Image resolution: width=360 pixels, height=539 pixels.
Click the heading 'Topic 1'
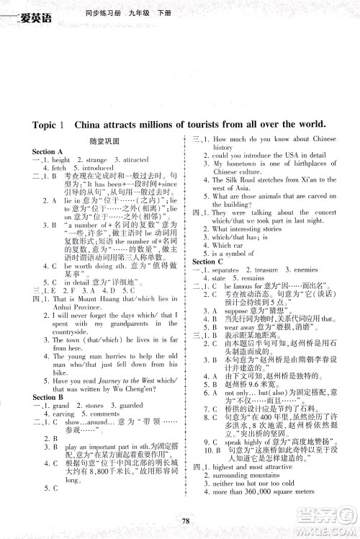[49, 124]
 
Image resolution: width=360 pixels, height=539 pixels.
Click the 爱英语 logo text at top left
[30, 9]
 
